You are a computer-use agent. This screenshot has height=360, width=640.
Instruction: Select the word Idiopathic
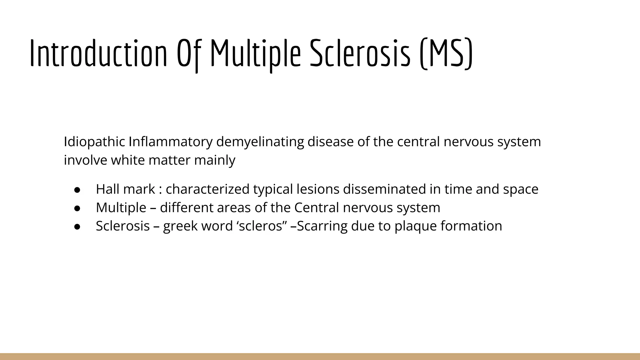[94, 142]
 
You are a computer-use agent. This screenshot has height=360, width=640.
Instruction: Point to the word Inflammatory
[170, 142]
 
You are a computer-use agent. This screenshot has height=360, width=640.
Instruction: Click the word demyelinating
[260, 142]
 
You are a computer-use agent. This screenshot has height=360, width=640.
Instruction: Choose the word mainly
[215, 161]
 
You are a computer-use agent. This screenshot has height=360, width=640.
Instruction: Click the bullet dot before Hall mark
[77, 190]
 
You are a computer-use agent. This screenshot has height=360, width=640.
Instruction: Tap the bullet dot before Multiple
[77, 208]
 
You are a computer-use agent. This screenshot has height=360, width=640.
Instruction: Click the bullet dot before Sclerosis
[77, 227]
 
